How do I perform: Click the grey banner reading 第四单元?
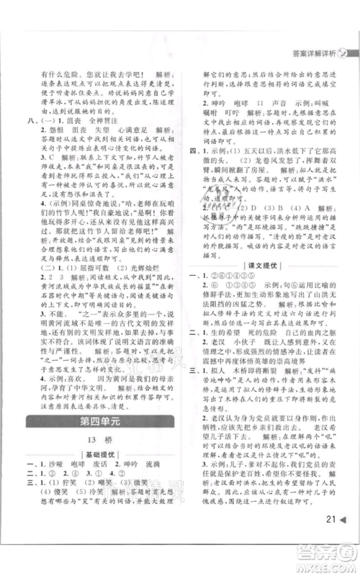point(108,420)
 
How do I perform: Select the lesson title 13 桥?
point(108,440)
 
